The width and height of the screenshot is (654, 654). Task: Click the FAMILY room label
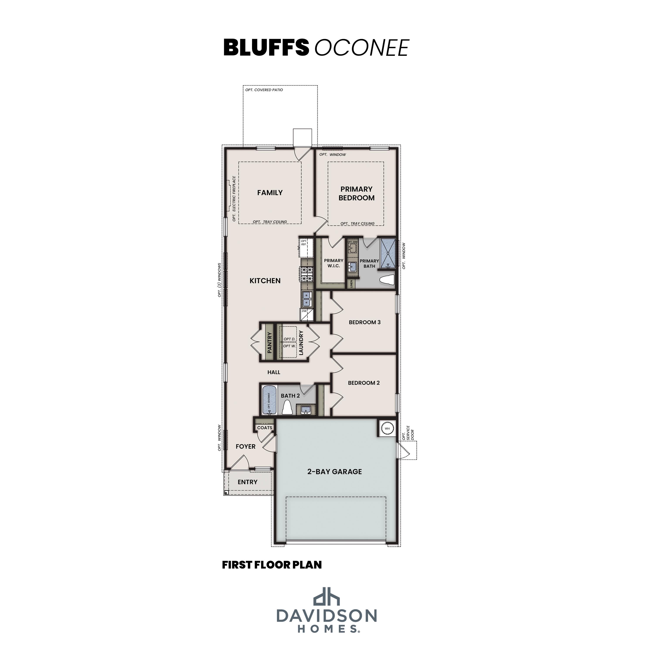tap(270, 193)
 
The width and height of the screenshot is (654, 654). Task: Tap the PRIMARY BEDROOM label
tap(356, 193)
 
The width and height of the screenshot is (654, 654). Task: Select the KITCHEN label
tap(265, 281)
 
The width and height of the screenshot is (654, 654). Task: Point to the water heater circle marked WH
tap(387, 429)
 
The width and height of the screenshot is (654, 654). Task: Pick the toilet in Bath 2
tap(287, 408)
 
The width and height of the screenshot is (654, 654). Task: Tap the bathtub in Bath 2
tap(269, 400)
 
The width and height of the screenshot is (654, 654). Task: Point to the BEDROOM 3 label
tap(364, 322)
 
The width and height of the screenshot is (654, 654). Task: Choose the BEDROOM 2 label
tap(364, 383)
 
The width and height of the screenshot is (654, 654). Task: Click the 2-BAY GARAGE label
tap(334, 472)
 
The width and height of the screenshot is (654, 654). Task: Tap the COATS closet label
tap(265, 427)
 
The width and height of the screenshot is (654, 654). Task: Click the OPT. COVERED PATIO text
tap(264, 90)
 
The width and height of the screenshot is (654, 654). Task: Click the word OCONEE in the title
tap(362, 48)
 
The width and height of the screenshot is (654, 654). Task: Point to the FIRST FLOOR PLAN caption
tap(272, 565)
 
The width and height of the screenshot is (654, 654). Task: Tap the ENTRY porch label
tap(247, 482)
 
